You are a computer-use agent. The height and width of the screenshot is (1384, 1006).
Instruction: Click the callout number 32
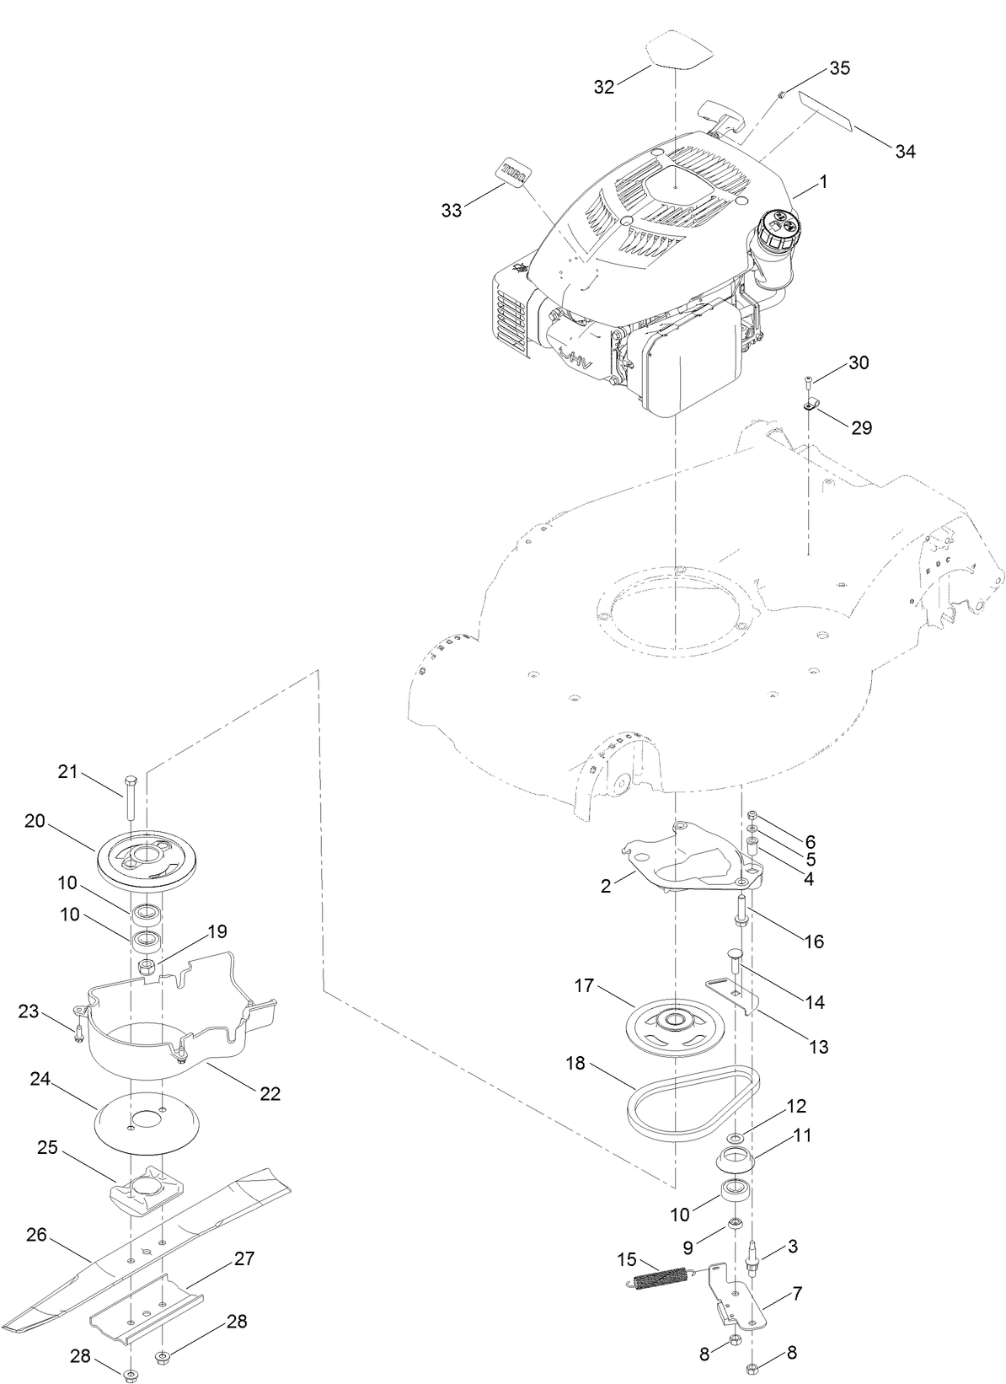pos(604,87)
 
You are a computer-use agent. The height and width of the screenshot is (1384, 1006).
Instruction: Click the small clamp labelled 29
pos(811,405)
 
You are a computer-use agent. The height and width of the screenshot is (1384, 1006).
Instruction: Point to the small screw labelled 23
pos(78,1032)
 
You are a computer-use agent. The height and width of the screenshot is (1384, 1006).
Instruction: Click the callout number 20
pos(35,821)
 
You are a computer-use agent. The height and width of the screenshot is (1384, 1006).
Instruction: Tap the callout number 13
pos(818,1047)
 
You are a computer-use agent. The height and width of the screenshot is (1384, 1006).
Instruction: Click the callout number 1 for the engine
pos(823,181)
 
